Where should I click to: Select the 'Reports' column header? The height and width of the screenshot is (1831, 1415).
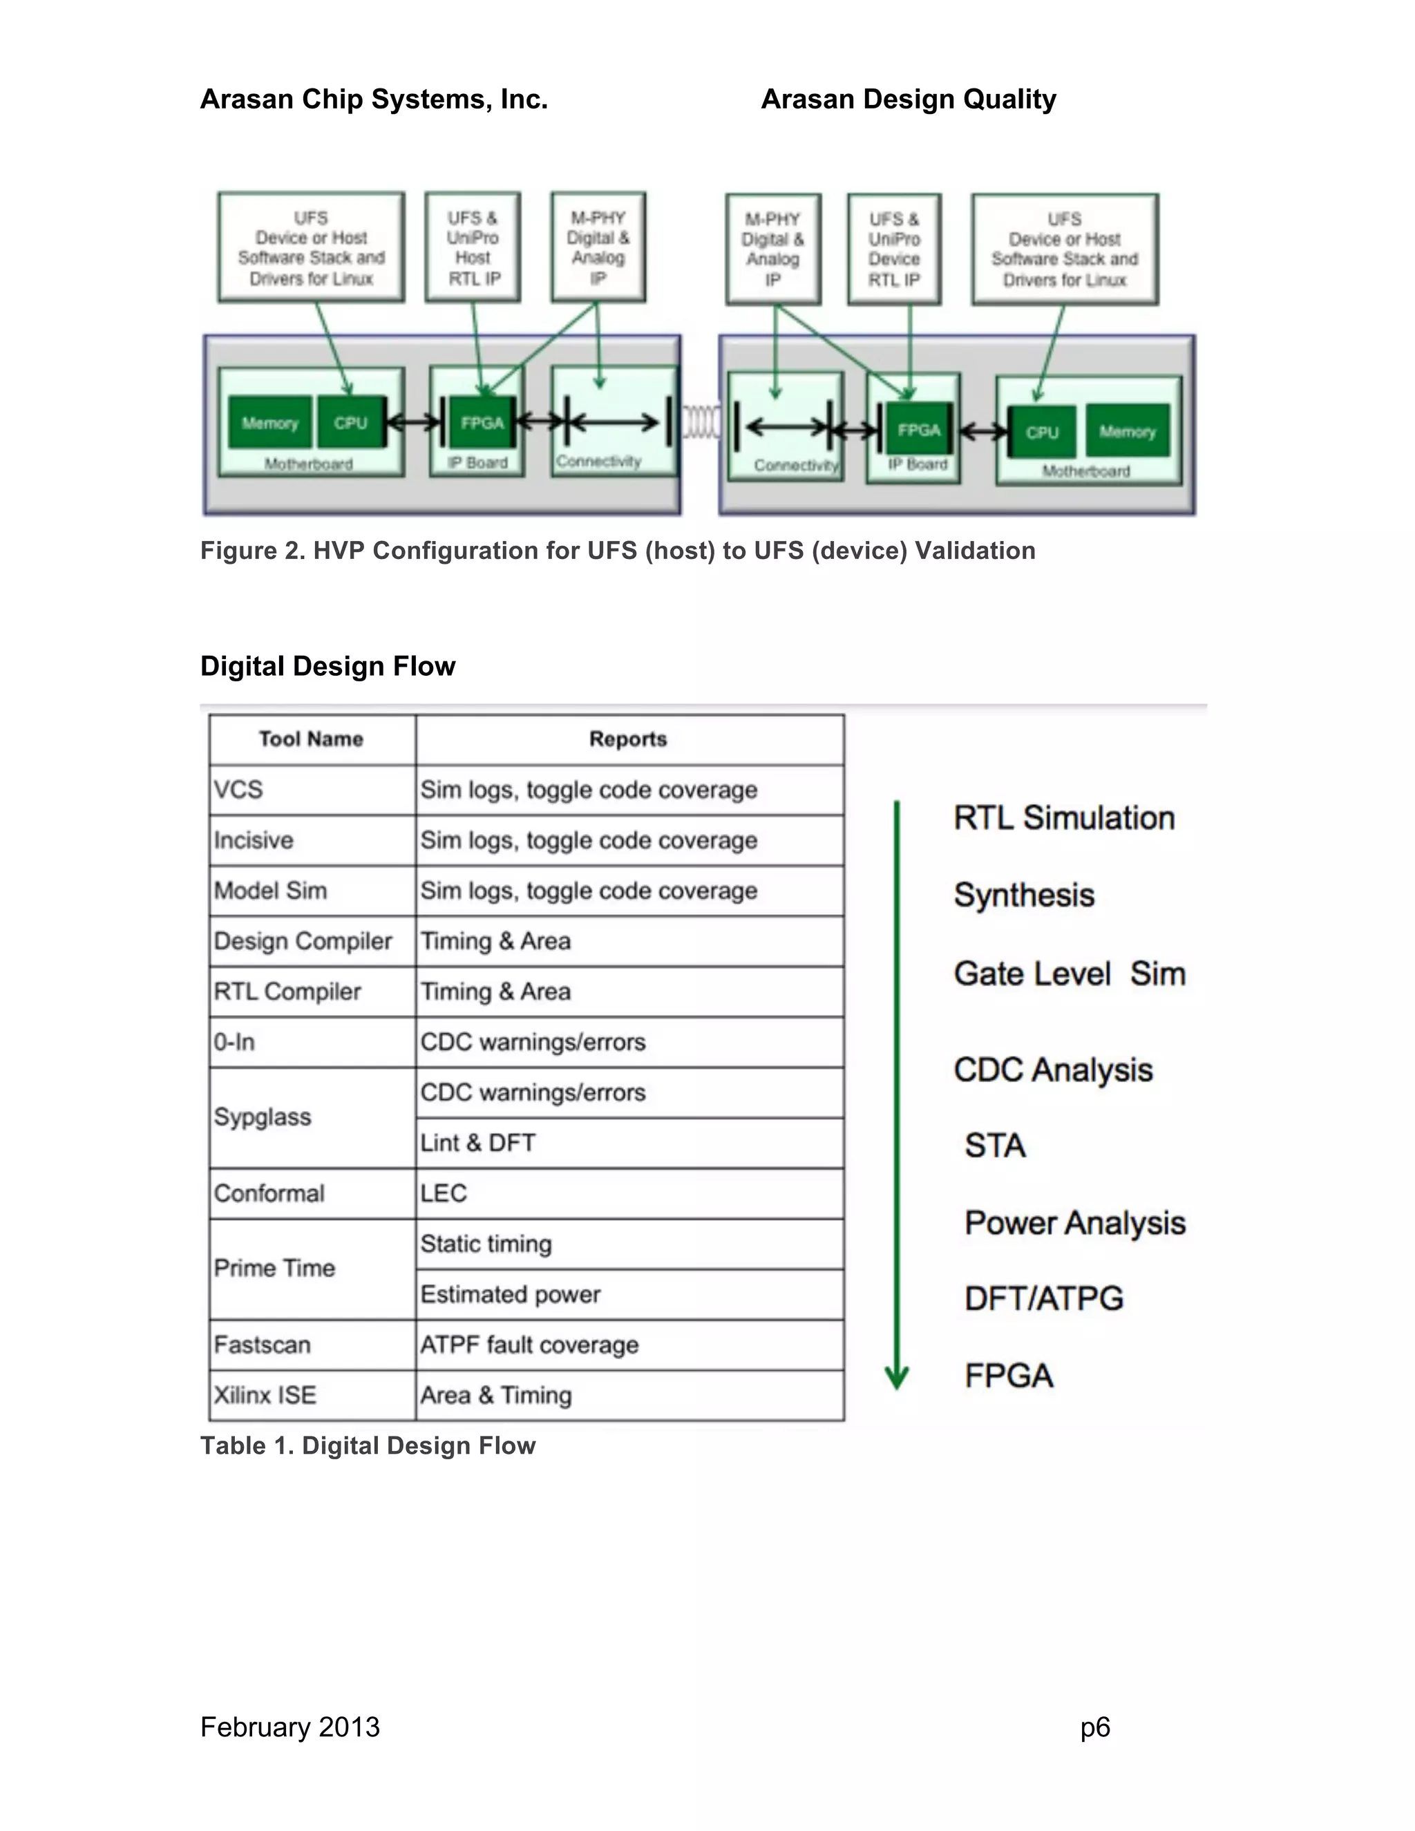coord(629,739)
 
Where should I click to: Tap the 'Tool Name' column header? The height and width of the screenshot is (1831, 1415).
coord(311,739)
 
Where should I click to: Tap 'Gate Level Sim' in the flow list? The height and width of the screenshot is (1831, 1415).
coord(1070,974)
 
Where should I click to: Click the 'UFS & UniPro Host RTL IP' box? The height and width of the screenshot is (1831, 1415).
coord(473,247)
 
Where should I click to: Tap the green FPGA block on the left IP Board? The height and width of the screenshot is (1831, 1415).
coord(482,424)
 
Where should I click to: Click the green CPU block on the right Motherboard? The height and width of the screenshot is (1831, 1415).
coord(1041,433)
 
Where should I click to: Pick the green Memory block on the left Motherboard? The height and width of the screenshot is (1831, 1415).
coord(270,424)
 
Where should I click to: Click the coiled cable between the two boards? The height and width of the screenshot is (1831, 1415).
coord(700,421)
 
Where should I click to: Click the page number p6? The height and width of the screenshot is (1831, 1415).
coord(1095,1727)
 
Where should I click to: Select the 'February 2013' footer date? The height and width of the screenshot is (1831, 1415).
coord(290,1727)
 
